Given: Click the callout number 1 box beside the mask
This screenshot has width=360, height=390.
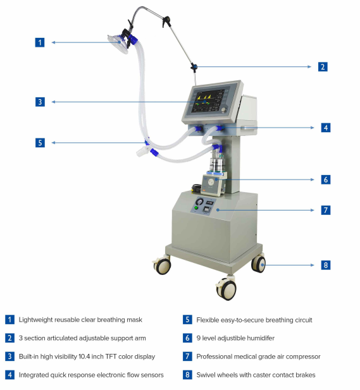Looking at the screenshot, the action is [40, 42].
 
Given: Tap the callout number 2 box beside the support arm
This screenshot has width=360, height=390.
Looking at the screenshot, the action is [323, 66].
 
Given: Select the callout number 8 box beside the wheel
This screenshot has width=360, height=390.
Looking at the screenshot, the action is [326, 265].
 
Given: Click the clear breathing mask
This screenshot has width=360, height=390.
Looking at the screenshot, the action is [118, 44].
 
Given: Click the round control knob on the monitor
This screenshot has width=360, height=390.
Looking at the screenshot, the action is [224, 109].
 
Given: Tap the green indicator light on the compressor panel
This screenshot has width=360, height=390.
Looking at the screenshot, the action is [196, 208].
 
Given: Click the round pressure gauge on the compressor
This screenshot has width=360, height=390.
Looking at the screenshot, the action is [200, 201].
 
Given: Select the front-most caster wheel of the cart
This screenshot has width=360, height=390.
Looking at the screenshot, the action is [227, 289].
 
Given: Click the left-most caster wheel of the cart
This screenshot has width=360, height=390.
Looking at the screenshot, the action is [162, 265].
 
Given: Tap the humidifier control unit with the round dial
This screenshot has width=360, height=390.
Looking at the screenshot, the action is [211, 185].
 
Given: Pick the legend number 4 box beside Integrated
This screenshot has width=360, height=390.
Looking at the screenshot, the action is [9, 375].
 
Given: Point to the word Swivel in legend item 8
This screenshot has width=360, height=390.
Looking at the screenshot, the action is [204, 375].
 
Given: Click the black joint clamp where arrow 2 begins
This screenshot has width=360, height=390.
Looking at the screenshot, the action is [194, 67].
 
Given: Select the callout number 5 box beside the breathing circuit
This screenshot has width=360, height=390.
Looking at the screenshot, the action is [40, 143].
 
